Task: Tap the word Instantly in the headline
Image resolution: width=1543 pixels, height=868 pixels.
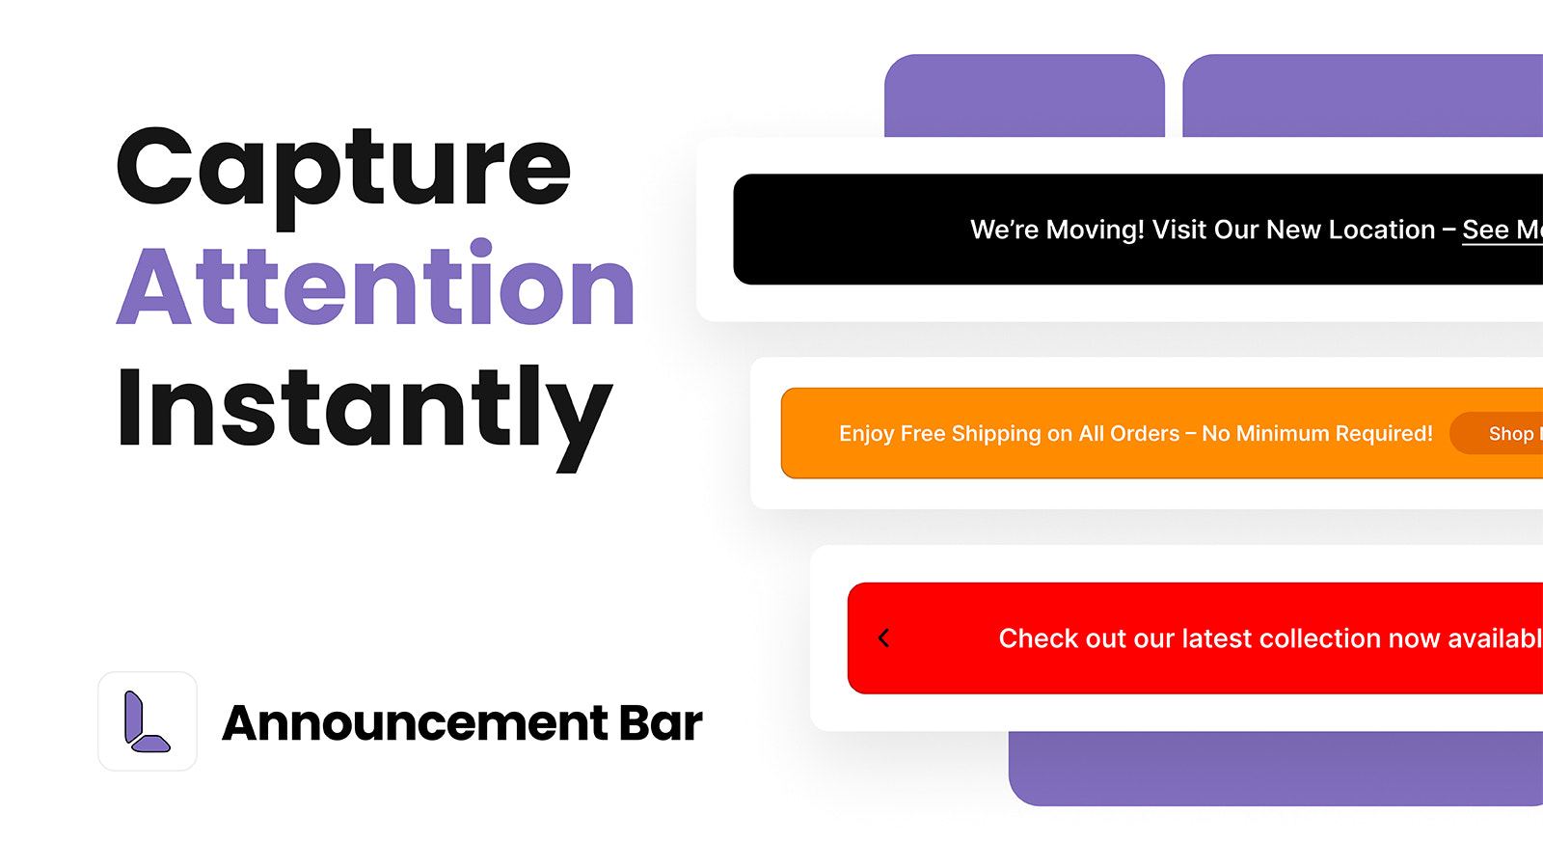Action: click(364, 411)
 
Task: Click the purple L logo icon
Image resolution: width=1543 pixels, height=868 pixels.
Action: click(147, 721)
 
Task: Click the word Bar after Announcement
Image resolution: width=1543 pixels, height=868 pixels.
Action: click(661, 723)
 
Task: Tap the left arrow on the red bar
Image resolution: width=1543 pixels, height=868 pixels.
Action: click(884, 638)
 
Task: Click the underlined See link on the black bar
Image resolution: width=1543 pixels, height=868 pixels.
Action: click(1485, 231)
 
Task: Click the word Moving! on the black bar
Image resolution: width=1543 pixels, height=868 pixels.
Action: click(1095, 231)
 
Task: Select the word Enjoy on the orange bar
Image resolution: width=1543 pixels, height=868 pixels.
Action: click(867, 434)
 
